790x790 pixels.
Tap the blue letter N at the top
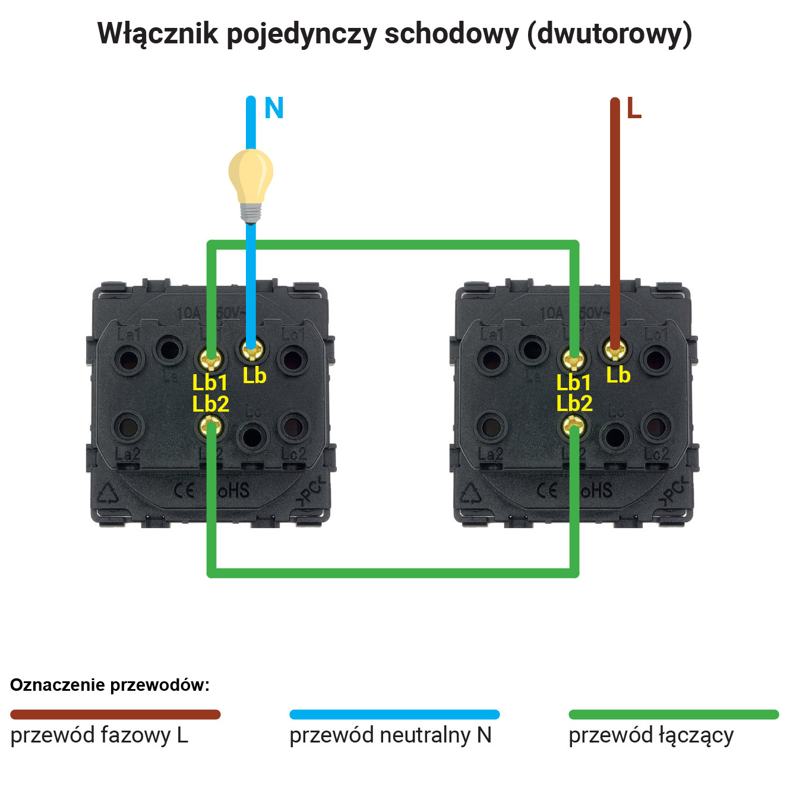tap(274, 109)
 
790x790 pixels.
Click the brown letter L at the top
tap(634, 109)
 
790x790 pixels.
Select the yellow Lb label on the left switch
tap(254, 375)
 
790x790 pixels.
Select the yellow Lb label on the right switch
tap(618, 375)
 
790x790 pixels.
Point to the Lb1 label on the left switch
tap(210, 383)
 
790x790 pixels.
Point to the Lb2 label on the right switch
tap(574, 403)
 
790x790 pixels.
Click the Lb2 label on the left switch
tap(210, 404)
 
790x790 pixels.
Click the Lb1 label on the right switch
tap(573, 383)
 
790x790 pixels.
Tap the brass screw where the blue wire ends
tap(252, 350)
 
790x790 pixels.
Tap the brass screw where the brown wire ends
tap(615, 350)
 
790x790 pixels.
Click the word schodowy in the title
tap(451, 34)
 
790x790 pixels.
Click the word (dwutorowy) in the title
tap(609, 34)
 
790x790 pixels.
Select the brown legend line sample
tap(115, 715)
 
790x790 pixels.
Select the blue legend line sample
tap(394, 715)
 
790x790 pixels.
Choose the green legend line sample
tap(674, 715)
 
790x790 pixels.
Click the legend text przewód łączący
tap(651, 736)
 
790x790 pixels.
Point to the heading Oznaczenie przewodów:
tap(110, 685)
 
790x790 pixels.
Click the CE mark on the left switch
tap(184, 491)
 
